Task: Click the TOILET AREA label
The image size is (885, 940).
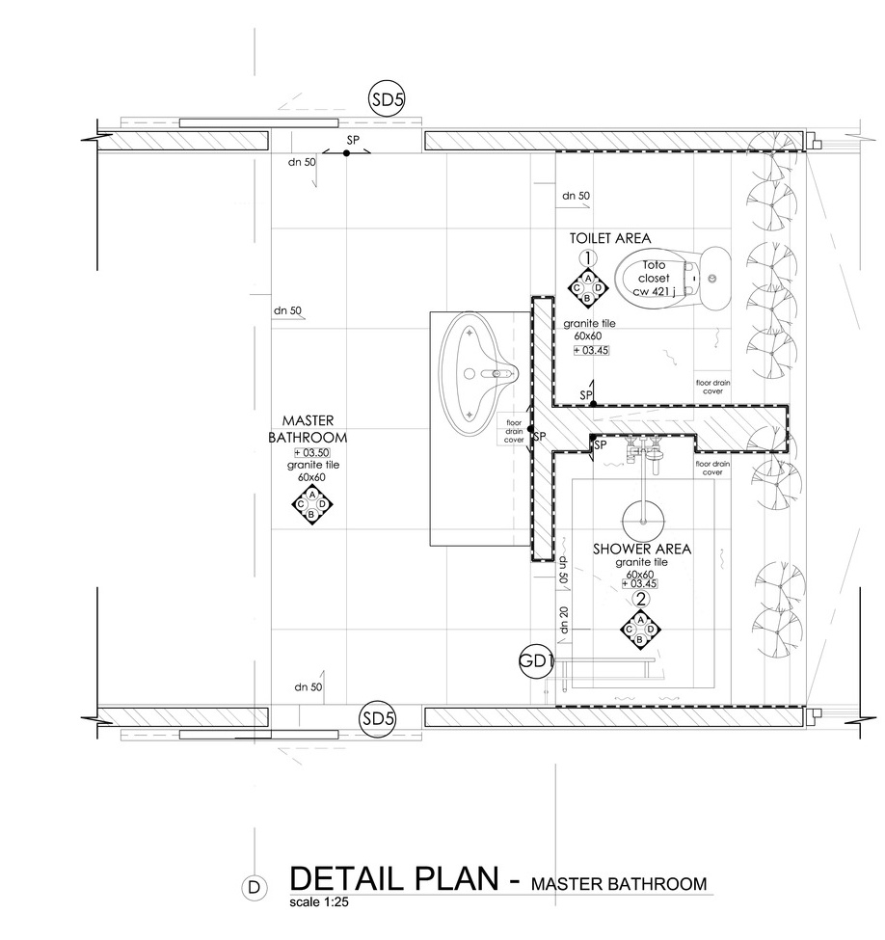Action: (610, 238)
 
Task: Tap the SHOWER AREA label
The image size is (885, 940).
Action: (641, 549)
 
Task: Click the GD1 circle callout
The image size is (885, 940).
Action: (536, 661)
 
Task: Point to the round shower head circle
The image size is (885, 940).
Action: (644, 522)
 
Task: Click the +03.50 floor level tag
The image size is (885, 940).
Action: (311, 452)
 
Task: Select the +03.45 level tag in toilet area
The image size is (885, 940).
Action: (591, 350)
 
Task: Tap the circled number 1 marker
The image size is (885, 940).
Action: (588, 258)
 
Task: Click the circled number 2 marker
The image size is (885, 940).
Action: (641, 599)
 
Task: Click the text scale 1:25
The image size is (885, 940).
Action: (318, 902)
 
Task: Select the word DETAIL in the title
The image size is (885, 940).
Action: (347, 878)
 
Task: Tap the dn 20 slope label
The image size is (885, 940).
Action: (564, 620)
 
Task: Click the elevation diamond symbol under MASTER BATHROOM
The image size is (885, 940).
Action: (311, 504)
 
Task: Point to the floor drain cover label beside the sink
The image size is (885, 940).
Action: (514, 431)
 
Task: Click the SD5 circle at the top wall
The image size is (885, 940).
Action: (387, 99)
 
